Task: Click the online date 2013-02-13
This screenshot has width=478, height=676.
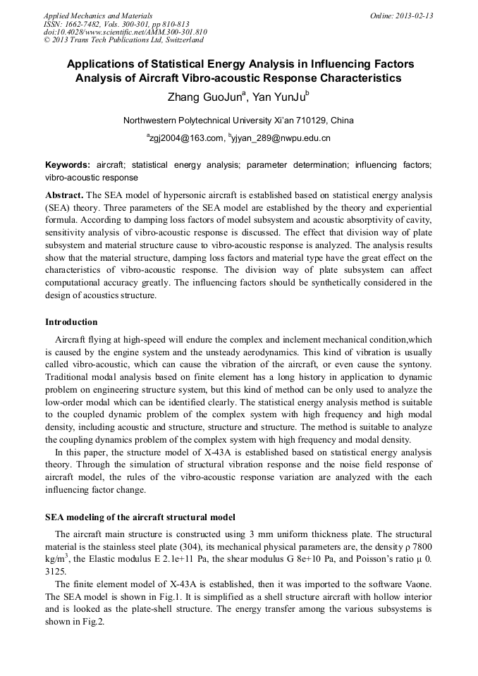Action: [415, 16]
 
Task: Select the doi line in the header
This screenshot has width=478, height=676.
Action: [125, 32]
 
